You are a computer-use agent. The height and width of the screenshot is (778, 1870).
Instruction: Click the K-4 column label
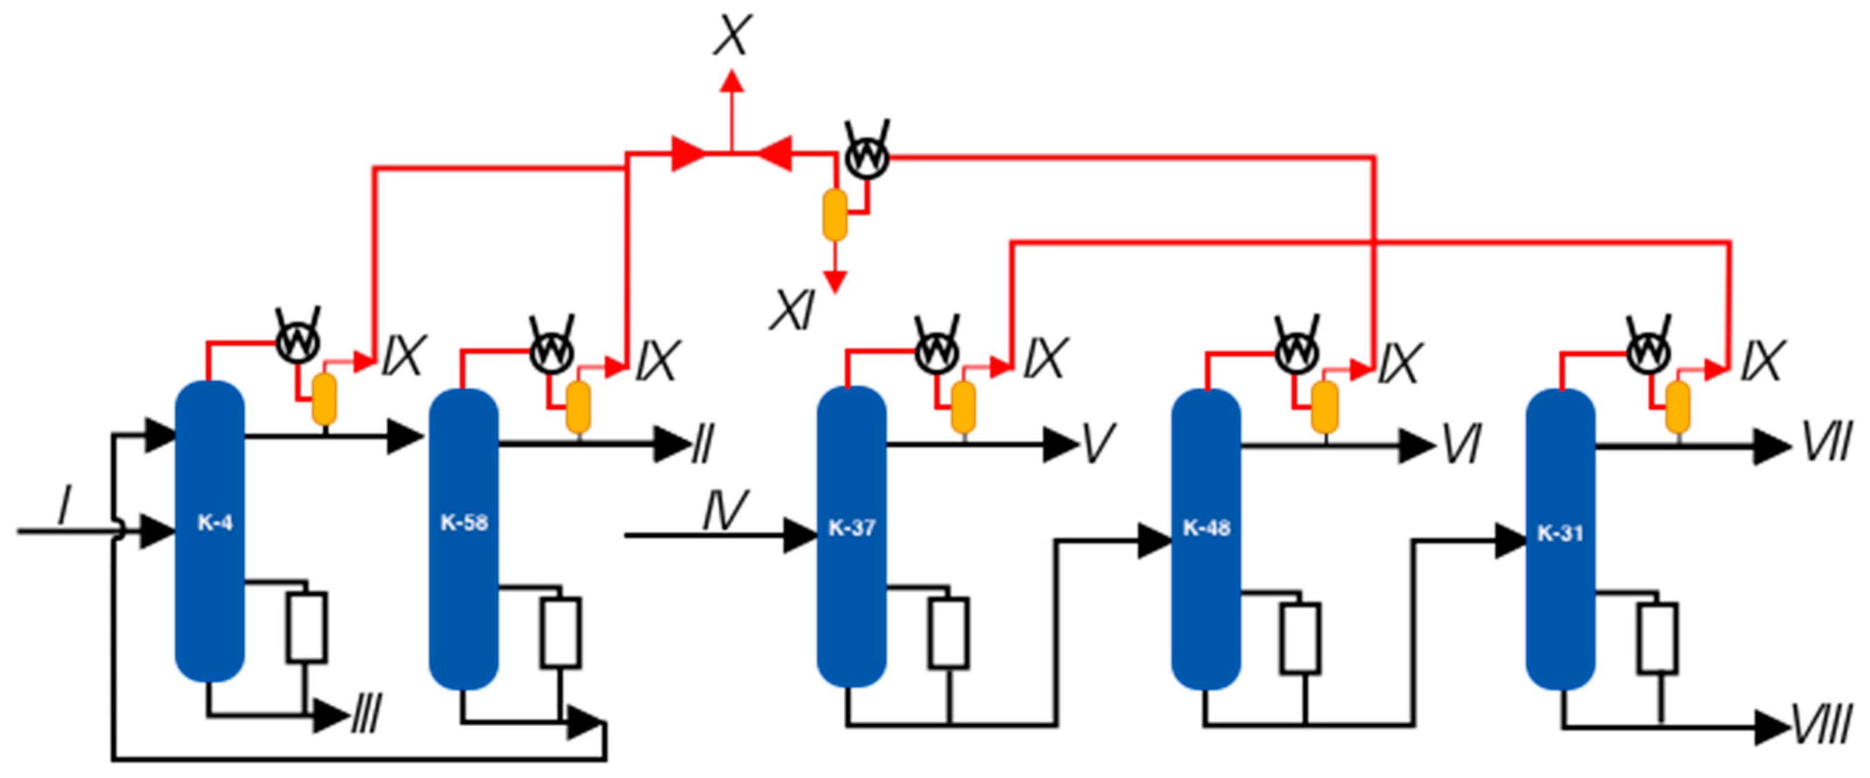(215, 523)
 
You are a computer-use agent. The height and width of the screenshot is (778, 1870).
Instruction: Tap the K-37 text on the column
(851, 528)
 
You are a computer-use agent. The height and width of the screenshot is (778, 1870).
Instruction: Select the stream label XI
(793, 310)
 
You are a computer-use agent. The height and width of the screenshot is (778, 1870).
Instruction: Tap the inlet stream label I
(64, 506)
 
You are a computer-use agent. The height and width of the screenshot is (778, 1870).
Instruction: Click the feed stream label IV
(724, 510)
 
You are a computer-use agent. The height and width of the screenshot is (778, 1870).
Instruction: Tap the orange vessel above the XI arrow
(835, 215)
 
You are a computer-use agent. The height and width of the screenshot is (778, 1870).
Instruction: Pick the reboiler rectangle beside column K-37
(948, 633)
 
